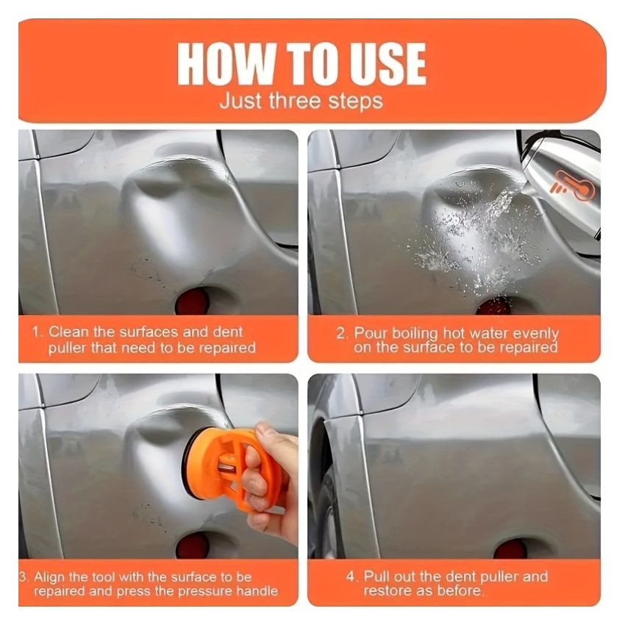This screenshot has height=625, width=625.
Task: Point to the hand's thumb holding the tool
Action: point(275,438)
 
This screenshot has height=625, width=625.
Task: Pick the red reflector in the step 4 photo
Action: point(510,548)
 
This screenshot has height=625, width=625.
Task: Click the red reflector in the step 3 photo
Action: point(193,545)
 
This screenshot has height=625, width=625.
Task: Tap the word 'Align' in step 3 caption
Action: point(49,576)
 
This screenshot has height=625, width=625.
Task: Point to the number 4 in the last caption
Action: point(350,576)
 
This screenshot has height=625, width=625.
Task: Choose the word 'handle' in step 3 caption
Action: point(257,590)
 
